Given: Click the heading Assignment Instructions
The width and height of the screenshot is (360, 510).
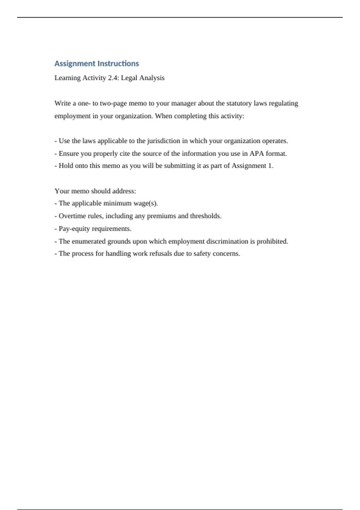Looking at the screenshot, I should point(97,64).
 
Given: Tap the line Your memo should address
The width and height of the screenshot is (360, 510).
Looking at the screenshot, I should point(95,191).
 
